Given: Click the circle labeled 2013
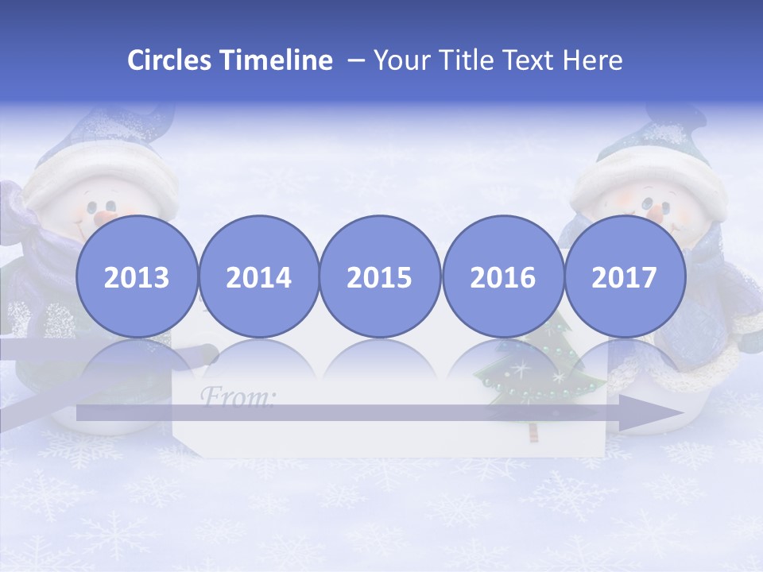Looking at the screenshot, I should point(137,276).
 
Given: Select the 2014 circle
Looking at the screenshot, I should point(259,276).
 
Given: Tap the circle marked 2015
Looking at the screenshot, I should point(380,276).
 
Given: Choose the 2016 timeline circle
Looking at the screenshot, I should point(503,276).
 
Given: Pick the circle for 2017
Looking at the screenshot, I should point(625,276).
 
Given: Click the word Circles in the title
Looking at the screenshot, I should point(169,60).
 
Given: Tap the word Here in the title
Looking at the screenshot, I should point(592,60).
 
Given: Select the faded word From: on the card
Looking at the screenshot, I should point(236,395).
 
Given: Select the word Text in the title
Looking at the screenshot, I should point(531,60).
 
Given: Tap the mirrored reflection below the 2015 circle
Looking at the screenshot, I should point(380,361).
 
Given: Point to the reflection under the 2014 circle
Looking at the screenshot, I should point(259,361).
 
